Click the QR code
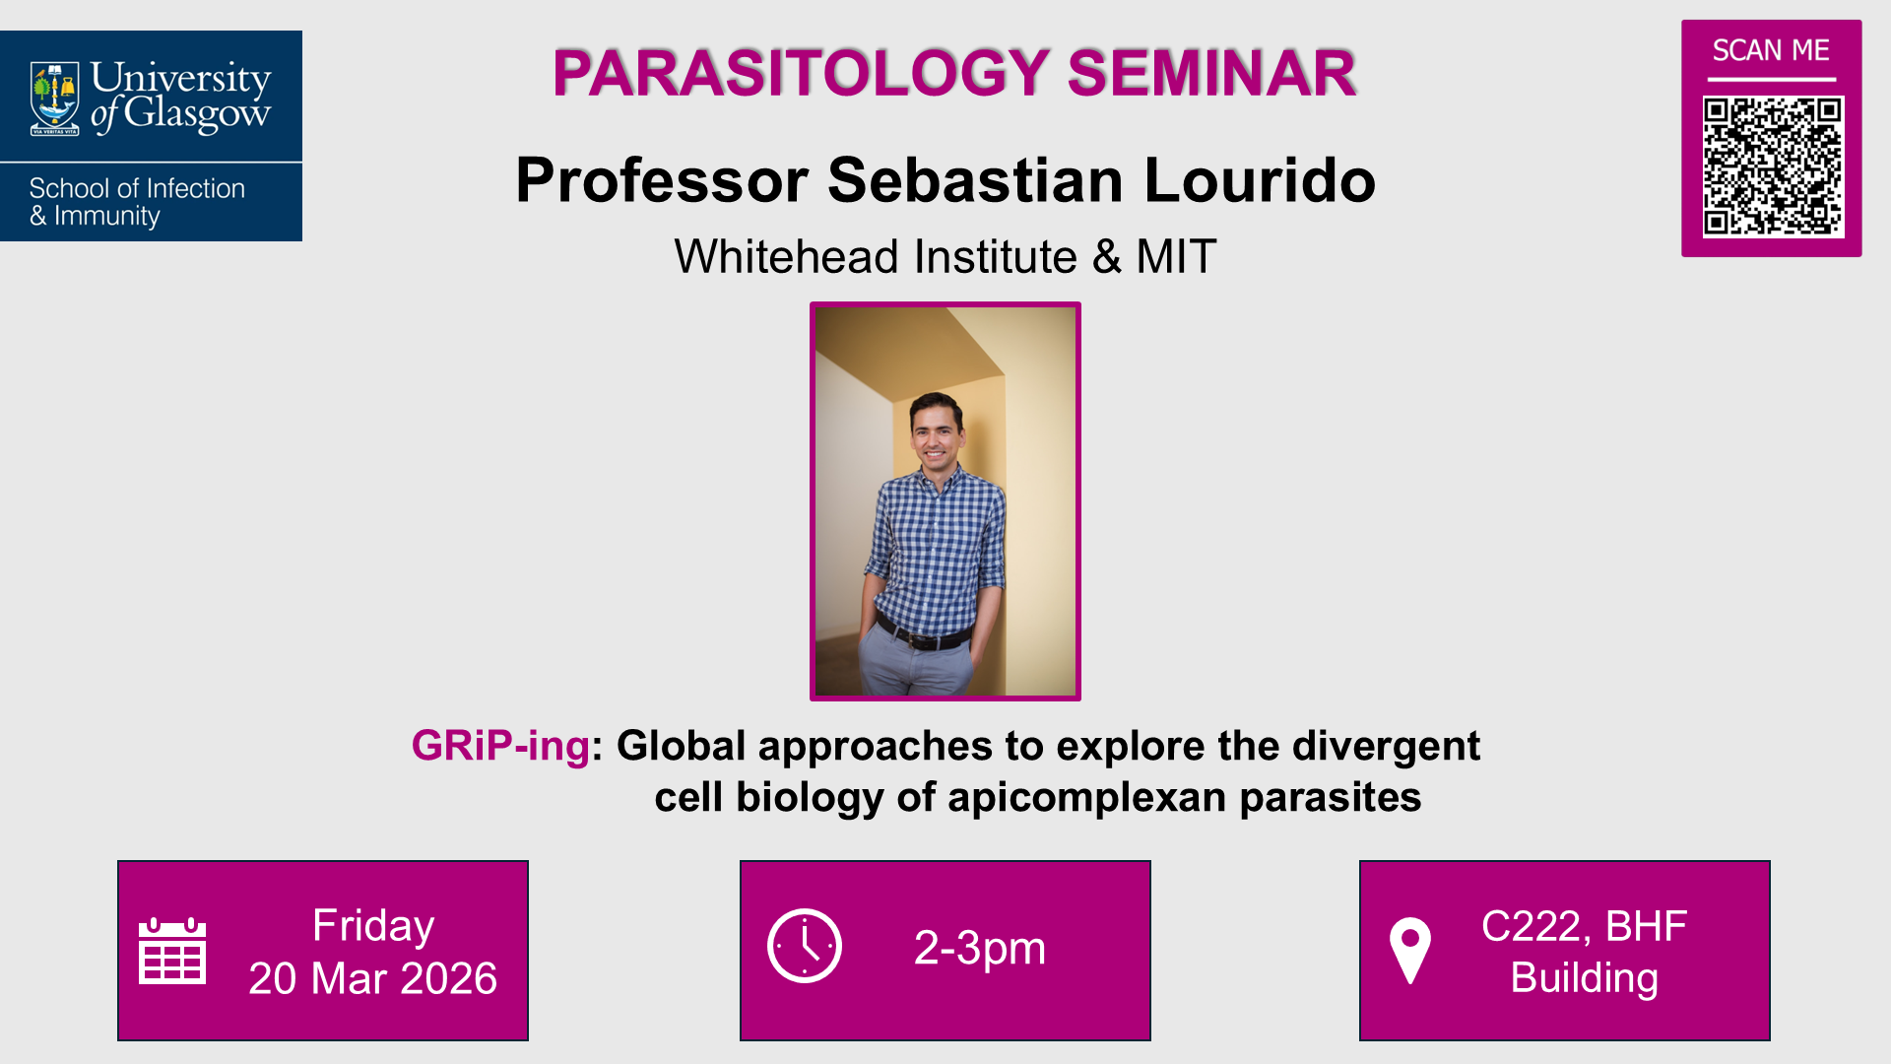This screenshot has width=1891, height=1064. [1773, 166]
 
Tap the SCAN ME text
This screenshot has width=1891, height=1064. [1771, 50]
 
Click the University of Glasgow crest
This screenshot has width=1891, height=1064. [54, 98]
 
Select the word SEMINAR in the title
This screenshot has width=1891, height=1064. [1211, 73]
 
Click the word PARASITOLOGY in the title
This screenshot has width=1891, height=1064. [802, 73]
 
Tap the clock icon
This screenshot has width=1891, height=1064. [805, 946]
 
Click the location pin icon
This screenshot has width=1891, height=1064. [1409, 950]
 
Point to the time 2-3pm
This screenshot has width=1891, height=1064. [980, 948]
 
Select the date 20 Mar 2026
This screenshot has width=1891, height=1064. [372, 978]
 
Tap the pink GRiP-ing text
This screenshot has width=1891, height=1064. [500, 746]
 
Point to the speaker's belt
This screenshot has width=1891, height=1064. [924, 637]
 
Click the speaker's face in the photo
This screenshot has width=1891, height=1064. [936, 432]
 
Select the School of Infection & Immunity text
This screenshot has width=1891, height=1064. [137, 202]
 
